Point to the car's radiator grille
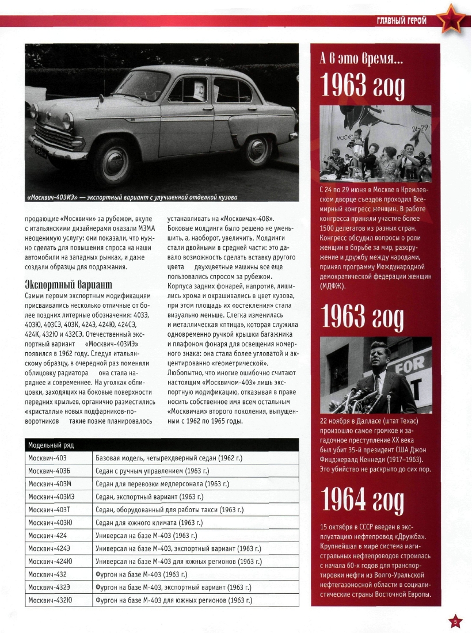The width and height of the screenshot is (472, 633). point(55,138)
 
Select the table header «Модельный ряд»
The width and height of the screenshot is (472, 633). point(51,444)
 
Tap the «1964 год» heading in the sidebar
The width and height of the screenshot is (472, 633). point(363,502)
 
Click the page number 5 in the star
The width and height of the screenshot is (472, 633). point(455,622)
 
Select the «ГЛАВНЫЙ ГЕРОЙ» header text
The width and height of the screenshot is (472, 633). point(402,21)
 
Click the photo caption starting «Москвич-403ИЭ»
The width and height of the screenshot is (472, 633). point(132,198)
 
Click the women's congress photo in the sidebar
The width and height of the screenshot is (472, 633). point(375,143)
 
